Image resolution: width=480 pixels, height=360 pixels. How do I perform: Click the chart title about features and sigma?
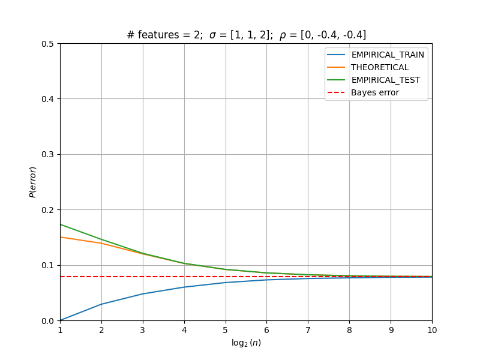[247, 35]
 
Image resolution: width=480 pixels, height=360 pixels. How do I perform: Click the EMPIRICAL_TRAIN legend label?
[388, 55]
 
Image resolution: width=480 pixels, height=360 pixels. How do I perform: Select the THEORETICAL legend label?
[380, 67]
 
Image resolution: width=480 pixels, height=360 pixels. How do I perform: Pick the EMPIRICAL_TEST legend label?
[385, 80]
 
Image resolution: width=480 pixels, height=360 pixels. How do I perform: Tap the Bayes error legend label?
[374, 92]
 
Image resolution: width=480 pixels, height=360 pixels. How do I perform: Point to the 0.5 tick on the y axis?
[47, 44]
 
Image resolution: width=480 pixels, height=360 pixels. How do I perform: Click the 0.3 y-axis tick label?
[47, 154]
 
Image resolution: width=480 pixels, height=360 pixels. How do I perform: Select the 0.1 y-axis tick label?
[47, 265]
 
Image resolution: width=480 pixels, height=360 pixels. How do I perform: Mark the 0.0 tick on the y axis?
[47, 321]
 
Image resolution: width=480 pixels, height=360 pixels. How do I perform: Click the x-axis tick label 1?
[61, 330]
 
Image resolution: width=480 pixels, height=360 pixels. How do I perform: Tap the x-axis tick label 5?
[226, 330]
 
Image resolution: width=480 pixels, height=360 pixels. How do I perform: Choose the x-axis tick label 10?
[432, 330]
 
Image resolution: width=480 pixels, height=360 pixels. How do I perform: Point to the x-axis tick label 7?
[308, 330]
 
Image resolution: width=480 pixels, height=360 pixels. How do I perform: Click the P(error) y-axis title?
[32, 182]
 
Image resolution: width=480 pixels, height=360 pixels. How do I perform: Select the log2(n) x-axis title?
[246, 343]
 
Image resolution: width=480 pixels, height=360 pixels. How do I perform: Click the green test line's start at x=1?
[61, 224]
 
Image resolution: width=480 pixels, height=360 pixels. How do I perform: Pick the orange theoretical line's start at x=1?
[61, 237]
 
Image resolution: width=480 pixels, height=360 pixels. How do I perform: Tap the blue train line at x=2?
[101, 304]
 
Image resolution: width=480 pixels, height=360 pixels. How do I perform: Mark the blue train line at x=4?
[184, 287]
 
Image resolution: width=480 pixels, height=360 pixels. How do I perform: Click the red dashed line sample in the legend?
[336, 92]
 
